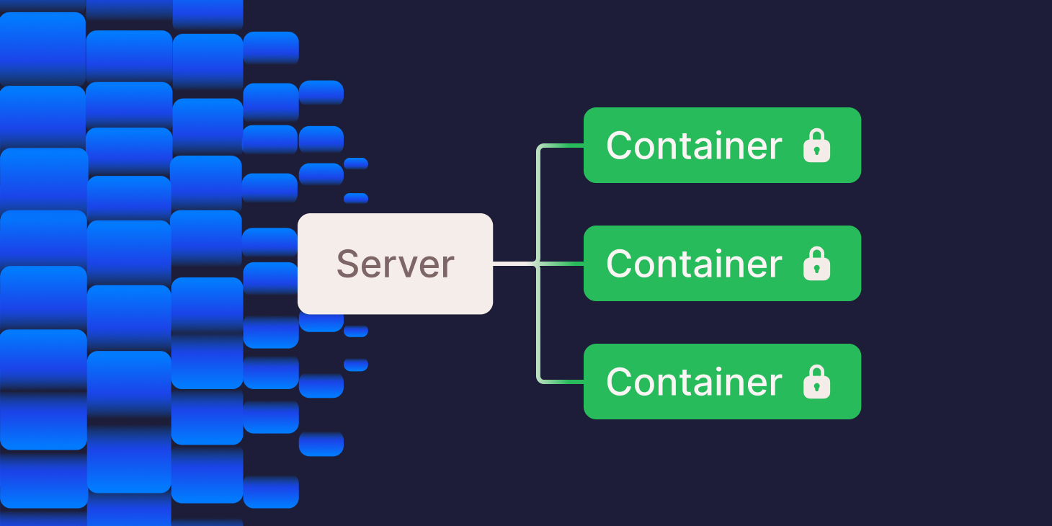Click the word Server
click(x=395, y=264)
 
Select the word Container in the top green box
click(x=693, y=146)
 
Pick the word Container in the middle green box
click(x=693, y=264)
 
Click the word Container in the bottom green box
click(x=693, y=382)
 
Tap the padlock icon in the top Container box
click(x=816, y=146)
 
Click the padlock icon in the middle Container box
click(x=816, y=264)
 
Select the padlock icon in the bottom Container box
click(x=816, y=382)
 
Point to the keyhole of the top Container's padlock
click(x=816, y=151)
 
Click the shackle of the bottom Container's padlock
click(x=816, y=371)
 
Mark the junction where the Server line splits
click(x=538, y=264)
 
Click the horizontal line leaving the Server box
click(x=513, y=264)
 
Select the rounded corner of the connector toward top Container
click(x=540, y=148)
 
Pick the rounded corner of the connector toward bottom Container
click(x=540, y=379)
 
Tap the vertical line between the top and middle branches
click(x=538, y=205)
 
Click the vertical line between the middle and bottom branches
click(x=538, y=323)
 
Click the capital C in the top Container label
click(x=619, y=146)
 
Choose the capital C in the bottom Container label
click(x=619, y=382)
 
